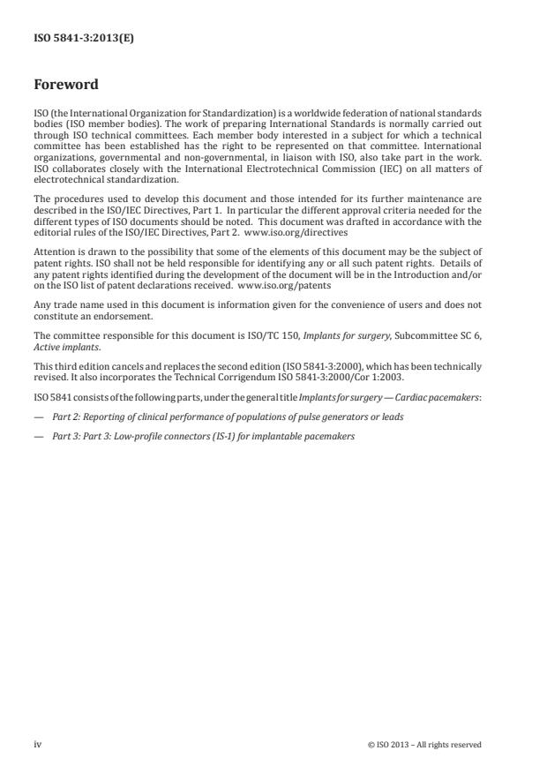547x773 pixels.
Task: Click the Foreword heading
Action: point(66,86)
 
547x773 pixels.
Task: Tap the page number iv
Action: point(38,744)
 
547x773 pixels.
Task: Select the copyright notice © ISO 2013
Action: point(424,745)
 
